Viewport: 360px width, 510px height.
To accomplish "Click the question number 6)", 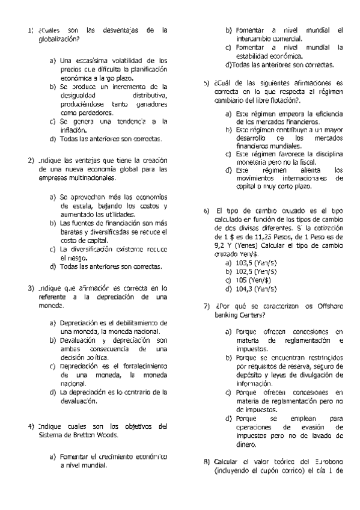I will [206, 211].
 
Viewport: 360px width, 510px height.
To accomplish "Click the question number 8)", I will [206, 461].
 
